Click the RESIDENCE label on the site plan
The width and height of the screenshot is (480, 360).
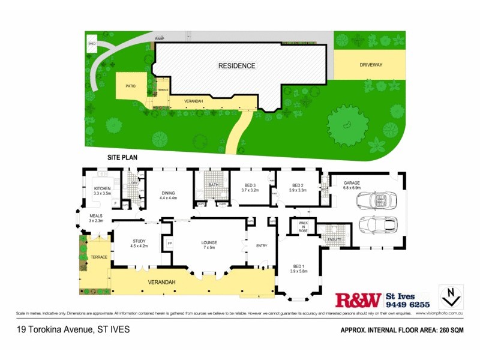(x=236, y=66)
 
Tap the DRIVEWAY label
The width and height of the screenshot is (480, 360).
(x=371, y=64)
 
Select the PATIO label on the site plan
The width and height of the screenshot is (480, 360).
(x=130, y=86)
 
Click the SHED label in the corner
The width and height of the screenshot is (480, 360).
(x=92, y=44)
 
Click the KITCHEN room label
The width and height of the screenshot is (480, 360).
(x=103, y=189)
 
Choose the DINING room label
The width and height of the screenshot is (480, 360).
(x=167, y=193)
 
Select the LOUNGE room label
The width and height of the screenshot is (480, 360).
(x=212, y=242)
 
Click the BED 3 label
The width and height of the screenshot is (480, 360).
(x=250, y=185)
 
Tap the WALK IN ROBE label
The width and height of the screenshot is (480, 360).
(x=303, y=227)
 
